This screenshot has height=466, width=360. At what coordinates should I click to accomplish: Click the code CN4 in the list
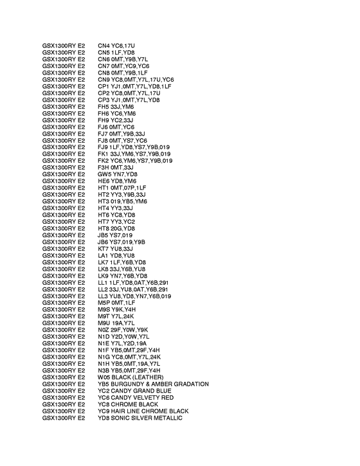point(104,46)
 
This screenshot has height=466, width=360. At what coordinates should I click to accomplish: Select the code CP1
point(104,86)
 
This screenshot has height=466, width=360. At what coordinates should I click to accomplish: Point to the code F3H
point(104,167)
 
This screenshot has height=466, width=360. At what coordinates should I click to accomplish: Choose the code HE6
point(104,181)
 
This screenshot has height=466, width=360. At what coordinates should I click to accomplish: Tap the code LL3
point(103,296)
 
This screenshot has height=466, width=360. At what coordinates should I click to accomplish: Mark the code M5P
point(104,303)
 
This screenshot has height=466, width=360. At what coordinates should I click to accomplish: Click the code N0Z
point(104,330)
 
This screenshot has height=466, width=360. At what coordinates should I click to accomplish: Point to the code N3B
point(104,370)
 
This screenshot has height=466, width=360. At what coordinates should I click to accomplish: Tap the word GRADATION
point(187,384)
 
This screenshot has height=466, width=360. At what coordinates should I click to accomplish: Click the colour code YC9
point(104,411)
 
